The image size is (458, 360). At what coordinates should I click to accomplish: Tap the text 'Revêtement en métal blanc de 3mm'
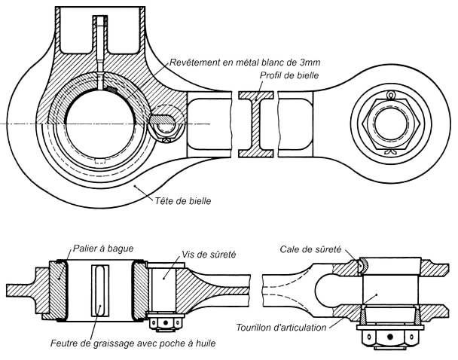click(x=245, y=61)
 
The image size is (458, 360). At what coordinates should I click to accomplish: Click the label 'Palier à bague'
click(x=104, y=248)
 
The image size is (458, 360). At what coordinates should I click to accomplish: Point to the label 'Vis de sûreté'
click(x=209, y=255)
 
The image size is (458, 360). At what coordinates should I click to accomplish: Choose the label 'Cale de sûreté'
click(x=310, y=249)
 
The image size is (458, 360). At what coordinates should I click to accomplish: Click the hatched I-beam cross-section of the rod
click(x=257, y=124)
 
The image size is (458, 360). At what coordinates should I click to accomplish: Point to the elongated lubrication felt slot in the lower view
click(x=99, y=291)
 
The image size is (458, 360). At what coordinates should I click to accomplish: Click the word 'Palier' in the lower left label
click(x=88, y=248)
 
